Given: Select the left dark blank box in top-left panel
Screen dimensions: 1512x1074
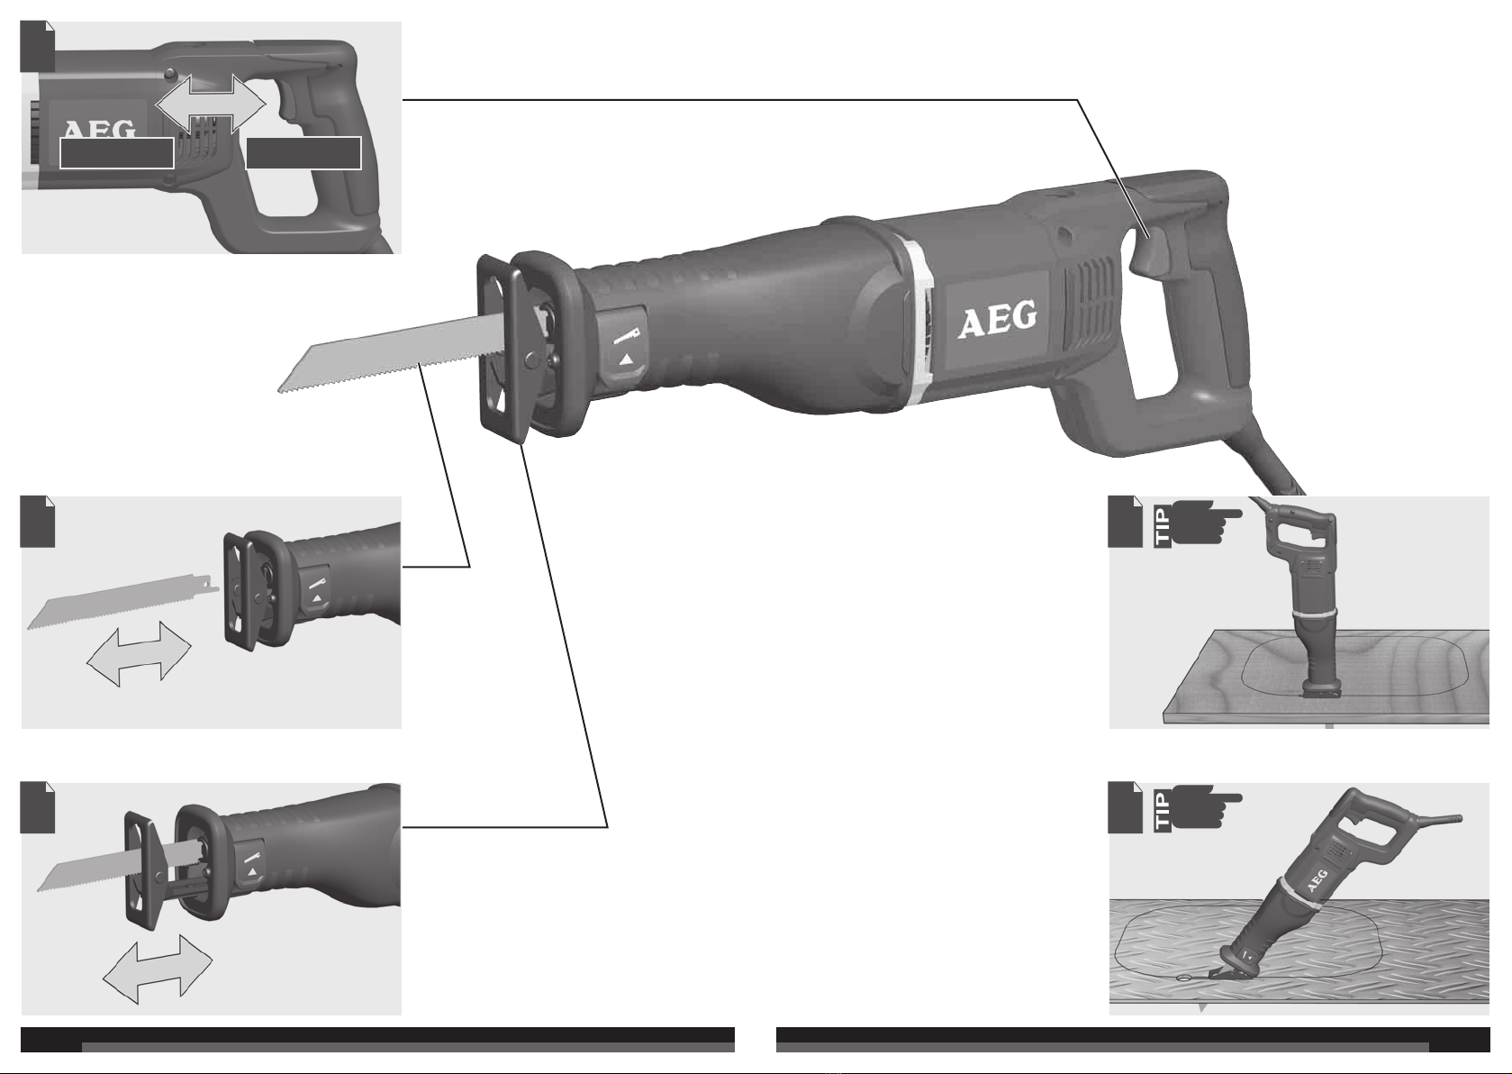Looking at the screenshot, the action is (x=117, y=152).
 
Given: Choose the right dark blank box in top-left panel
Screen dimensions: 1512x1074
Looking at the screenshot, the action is (x=303, y=152).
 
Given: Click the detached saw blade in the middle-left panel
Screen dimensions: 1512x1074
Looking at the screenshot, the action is (x=122, y=600).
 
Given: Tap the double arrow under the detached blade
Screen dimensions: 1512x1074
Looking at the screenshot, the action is (x=140, y=653).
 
